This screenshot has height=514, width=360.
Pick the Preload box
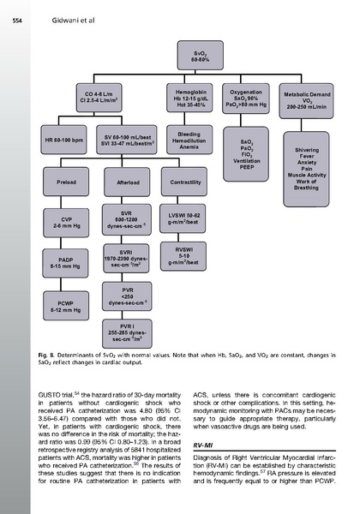point(65,181)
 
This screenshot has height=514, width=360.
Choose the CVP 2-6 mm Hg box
point(65,222)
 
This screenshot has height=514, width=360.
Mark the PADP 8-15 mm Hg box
point(65,261)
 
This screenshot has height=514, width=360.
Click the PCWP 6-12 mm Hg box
point(65,301)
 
